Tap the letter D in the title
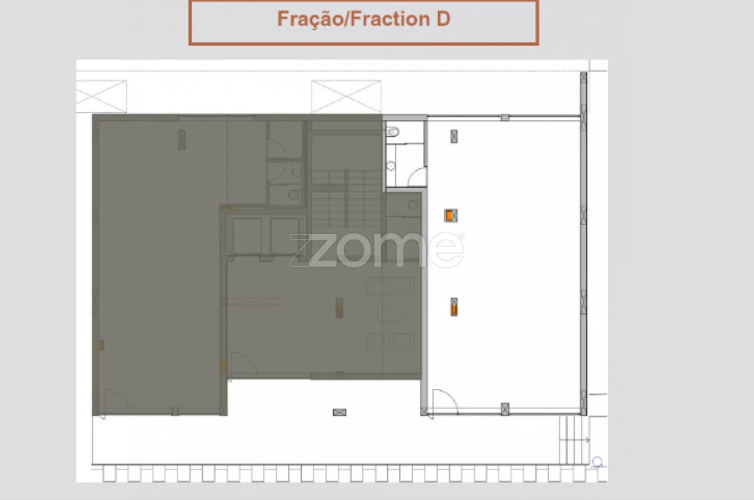pos(443,19)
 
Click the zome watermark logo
pos(377,249)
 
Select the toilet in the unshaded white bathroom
pos(393,131)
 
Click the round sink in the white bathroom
pos(391,166)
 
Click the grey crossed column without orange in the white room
pos(454,136)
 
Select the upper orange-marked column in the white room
pos(450,216)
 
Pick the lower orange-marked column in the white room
pos(454,307)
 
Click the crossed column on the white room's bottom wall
pos(505,409)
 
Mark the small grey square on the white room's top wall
pos(505,117)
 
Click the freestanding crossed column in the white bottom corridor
pos(340,412)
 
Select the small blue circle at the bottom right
pos(597,462)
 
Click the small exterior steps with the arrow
pos(574,440)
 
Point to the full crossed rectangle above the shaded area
pos(346,97)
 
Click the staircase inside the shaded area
pos(346,198)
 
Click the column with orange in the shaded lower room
pos(340,308)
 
